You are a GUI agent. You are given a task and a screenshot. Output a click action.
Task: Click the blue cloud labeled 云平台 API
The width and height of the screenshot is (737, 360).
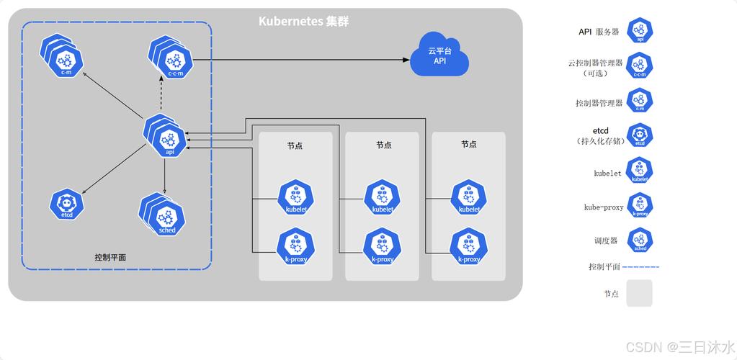click(439, 55)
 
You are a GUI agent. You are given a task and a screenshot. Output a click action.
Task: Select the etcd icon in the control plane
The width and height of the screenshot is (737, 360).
click(66, 204)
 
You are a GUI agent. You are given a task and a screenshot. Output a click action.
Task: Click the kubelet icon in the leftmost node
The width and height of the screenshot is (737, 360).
click(295, 198)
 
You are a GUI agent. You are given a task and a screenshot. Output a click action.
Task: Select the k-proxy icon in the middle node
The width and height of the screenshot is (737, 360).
click(382, 247)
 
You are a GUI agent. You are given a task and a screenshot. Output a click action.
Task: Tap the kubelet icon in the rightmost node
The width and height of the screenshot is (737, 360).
click(469, 198)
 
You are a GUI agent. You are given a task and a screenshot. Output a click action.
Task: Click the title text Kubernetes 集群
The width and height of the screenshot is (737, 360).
click(303, 21)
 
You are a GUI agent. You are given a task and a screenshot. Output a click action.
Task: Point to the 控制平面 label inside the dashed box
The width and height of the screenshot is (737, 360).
click(115, 257)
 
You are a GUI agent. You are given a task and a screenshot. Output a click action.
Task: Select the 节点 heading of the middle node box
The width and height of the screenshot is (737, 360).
click(383, 145)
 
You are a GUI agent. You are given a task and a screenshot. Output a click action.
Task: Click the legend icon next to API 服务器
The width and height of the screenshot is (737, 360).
click(640, 32)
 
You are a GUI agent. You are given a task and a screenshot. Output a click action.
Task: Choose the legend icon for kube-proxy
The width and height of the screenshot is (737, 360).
click(640, 207)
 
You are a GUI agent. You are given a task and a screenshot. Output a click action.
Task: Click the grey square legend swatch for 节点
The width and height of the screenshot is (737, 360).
click(639, 293)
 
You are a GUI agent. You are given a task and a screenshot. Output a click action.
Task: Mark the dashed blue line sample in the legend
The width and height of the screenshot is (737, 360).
click(640, 266)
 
